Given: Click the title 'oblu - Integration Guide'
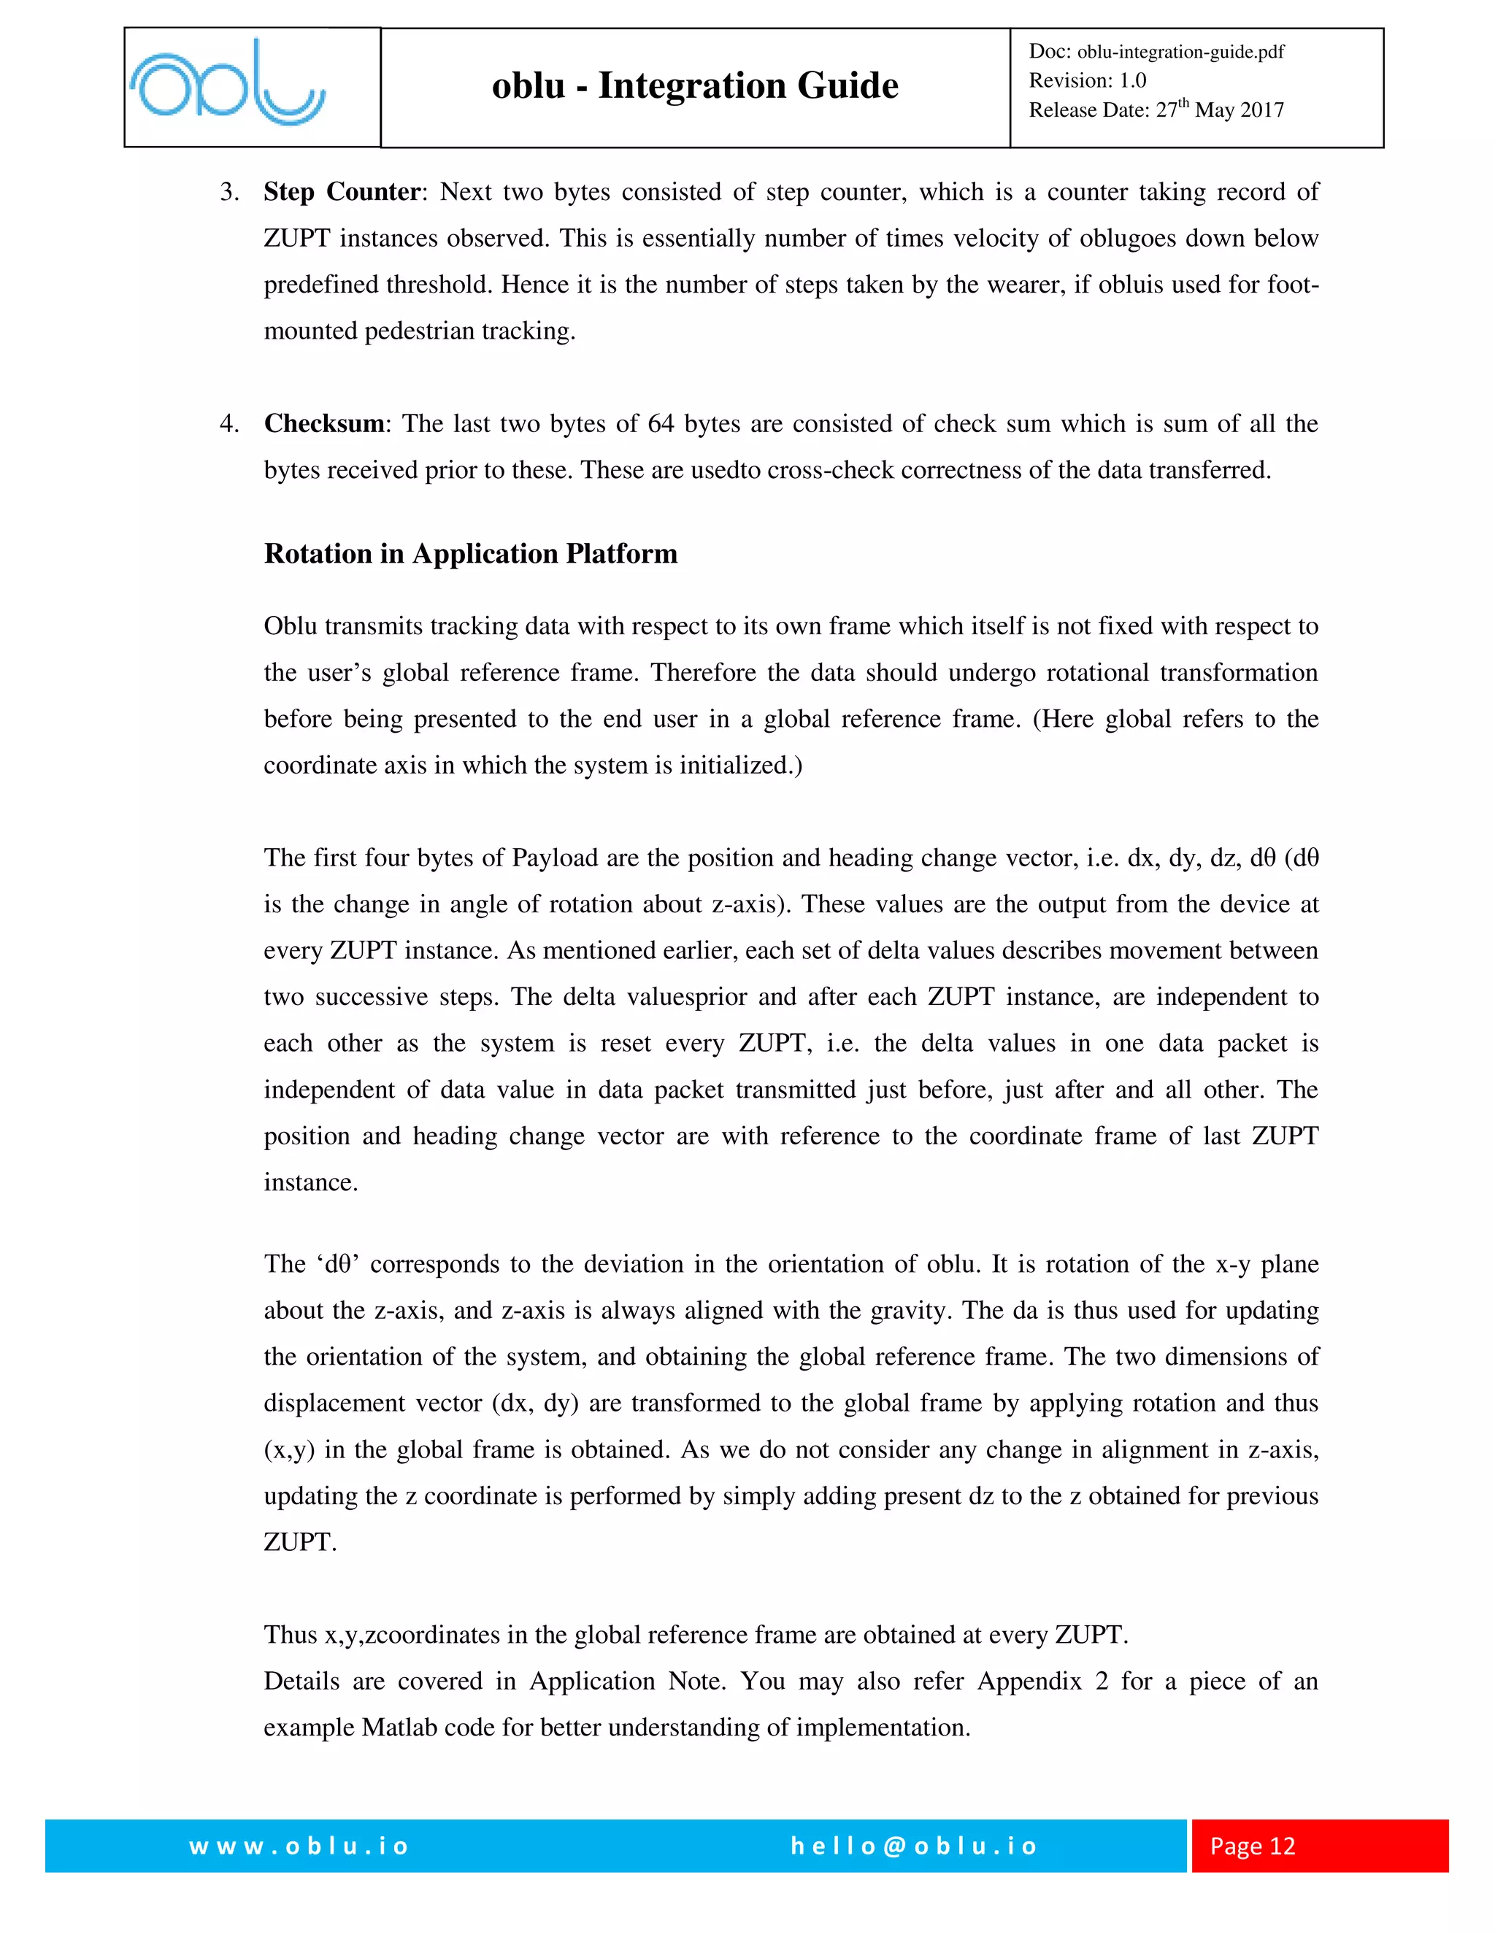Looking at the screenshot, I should (694, 86).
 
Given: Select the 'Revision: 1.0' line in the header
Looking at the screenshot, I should (1087, 80).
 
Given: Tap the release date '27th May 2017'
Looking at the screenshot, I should (1220, 109).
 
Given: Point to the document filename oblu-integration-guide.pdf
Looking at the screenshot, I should (1180, 51).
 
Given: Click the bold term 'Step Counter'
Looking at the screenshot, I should (341, 192).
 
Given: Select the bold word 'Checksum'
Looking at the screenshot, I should (324, 423).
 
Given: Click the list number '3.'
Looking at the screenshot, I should (229, 192).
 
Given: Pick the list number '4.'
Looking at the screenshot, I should (229, 423).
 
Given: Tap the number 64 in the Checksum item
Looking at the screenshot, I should (661, 423).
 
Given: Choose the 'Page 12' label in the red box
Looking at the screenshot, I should (1253, 1846).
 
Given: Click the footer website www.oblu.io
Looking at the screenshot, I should (299, 1846).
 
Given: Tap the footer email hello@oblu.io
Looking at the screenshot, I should (913, 1846).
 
